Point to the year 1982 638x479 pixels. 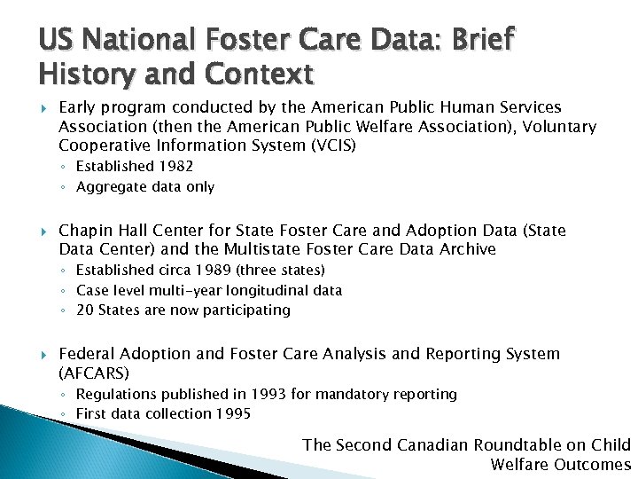tap(175, 166)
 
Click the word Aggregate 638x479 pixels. tap(110, 187)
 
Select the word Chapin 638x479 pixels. tap(85, 231)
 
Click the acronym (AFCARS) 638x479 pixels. tap(94, 373)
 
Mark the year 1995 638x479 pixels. tap(233, 413)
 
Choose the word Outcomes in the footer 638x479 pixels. tap(595, 465)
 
